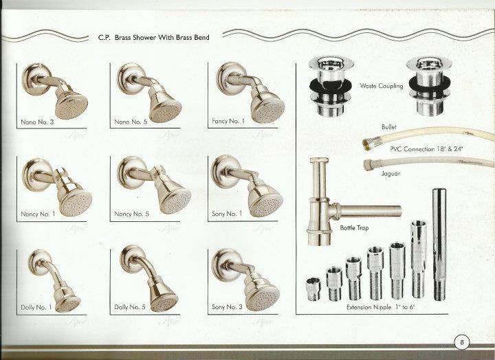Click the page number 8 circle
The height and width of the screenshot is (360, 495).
462,341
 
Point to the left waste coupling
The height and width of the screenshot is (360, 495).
327,86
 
